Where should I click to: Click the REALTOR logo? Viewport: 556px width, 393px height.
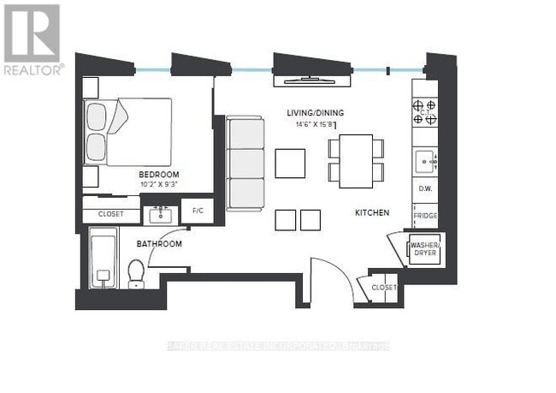pos(32,39)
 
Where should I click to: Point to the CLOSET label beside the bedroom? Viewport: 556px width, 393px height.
pos(110,213)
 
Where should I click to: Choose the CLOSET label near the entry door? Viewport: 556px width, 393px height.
pos(384,288)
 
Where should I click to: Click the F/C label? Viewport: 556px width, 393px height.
pos(198,210)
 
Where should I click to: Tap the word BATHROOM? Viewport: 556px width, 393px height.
pos(159,244)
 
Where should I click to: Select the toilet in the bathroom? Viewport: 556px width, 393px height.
pos(135,272)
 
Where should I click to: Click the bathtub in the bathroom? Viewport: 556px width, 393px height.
pos(102,259)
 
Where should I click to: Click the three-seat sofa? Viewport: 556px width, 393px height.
pos(246,164)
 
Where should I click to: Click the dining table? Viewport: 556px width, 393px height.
pos(356,160)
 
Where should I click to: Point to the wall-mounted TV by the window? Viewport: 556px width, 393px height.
pos(311,81)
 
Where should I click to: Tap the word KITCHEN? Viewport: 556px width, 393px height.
pos(372,212)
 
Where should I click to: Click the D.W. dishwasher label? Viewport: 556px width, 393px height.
pos(424,188)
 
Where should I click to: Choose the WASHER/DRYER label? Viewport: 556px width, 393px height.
pos(425,249)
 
